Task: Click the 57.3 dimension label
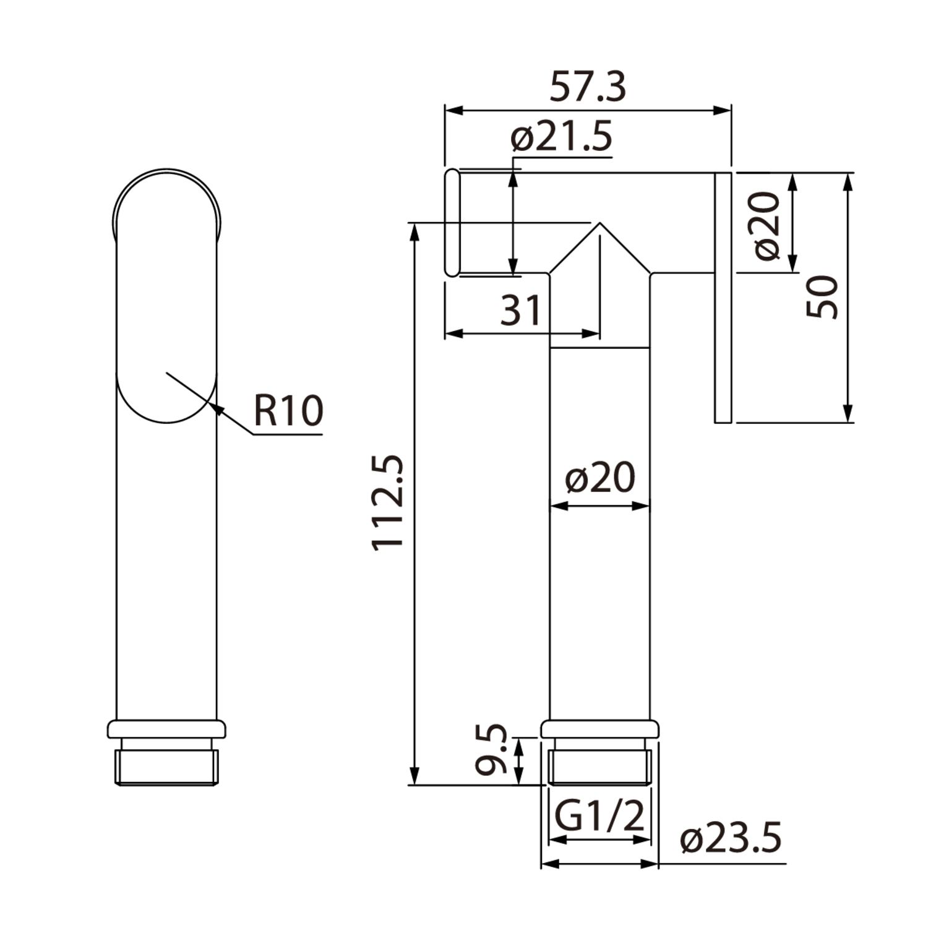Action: click(588, 87)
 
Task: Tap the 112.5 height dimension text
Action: click(388, 502)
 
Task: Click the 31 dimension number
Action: click(521, 310)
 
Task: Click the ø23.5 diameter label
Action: click(731, 838)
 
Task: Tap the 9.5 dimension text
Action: click(492, 750)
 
